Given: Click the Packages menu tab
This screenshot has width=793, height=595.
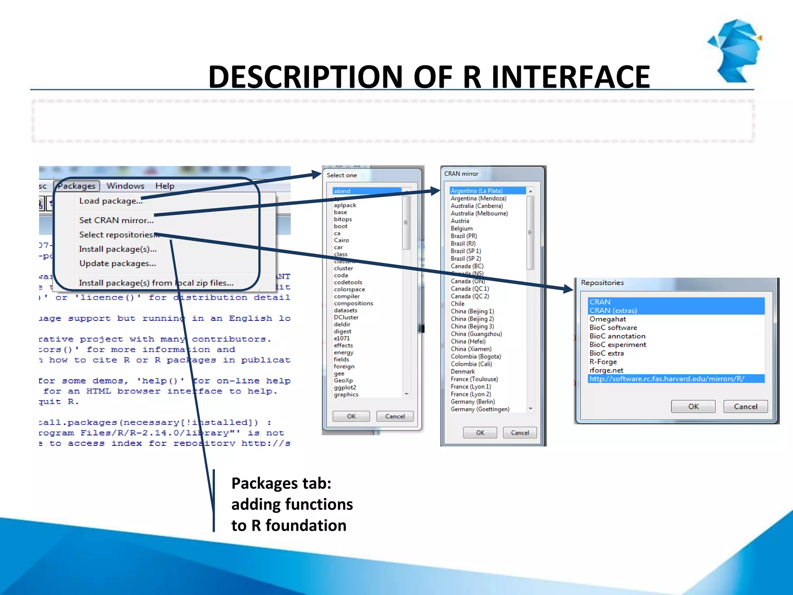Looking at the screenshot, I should click(77, 186).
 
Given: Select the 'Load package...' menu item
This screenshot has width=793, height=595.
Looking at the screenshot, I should click(111, 201).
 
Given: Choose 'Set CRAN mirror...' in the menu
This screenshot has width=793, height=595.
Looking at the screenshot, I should click(116, 220).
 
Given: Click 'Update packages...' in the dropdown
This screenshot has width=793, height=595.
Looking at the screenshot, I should click(117, 263).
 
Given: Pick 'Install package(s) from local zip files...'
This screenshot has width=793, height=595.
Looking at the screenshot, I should click(156, 283).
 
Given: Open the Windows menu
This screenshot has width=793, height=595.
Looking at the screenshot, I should click(125, 186).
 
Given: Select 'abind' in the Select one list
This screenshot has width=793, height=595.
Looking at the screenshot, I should click(342, 191).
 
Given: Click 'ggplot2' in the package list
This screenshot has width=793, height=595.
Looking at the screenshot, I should click(345, 387).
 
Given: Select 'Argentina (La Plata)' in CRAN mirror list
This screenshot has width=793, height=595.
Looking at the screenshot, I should click(477, 191).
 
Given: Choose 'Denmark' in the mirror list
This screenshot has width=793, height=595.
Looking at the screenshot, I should click(463, 371).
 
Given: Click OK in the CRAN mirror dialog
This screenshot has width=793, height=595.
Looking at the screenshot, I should click(480, 433).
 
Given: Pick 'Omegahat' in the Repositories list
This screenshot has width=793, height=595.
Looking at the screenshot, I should click(608, 319).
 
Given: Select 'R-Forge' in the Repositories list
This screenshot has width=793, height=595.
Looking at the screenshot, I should click(603, 362).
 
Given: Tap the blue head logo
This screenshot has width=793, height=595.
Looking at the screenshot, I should click(736, 50).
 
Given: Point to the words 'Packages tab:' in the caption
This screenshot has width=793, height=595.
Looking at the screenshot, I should click(281, 483).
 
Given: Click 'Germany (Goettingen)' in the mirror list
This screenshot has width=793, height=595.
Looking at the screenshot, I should click(480, 409).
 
